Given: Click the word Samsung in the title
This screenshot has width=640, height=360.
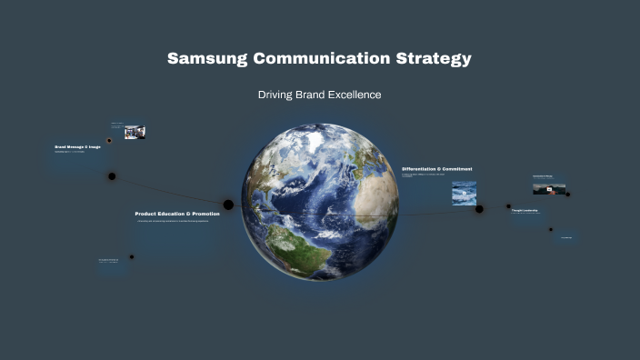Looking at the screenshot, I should (x=206, y=59).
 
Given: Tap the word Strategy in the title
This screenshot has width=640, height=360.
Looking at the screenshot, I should (x=435, y=59).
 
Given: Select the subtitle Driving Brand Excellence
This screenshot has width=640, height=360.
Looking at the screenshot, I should (x=319, y=95).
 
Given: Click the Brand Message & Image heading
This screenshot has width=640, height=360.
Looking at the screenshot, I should (x=77, y=146).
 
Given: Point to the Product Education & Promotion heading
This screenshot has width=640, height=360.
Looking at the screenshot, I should (x=177, y=214).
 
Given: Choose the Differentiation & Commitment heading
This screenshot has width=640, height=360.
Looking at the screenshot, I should (x=436, y=169).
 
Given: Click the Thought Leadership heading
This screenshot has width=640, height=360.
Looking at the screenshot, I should (x=525, y=210).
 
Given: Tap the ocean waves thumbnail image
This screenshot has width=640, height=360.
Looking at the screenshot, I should (x=464, y=193).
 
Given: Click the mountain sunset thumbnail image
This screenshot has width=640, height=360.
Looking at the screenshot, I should (x=549, y=189).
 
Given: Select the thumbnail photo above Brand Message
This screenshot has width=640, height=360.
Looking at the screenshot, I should (x=135, y=132).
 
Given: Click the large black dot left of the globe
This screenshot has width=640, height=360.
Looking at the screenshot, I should (x=228, y=205).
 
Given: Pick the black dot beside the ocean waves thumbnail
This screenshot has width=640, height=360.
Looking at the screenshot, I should (x=479, y=209).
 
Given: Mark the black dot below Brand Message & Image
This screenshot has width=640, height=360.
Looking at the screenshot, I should (x=112, y=176).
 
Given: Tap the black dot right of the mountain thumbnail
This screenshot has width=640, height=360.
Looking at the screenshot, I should (x=568, y=194).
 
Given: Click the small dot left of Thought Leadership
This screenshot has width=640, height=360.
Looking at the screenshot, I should (x=508, y=206).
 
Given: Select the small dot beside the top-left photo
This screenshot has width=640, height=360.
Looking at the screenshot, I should (x=109, y=141).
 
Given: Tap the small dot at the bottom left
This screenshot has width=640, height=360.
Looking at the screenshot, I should (x=132, y=256).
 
